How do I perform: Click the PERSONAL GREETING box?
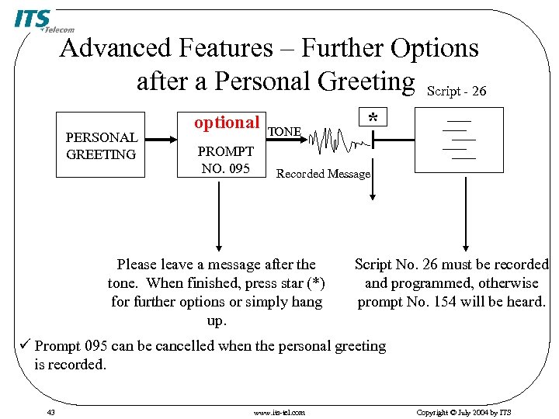pyautogui.click(x=102, y=146)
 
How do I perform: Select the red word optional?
pyautogui.click(x=226, y=123)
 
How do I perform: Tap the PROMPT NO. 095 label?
pyautogui.click(x=226, y=159)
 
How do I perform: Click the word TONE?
pyautogui.click(x=284, y=132)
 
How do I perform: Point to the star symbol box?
pyautogui.click(x=373, y=118)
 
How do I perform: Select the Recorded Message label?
pyautogui.click(x=324, y=174)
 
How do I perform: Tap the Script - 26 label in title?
pyautogui.click(x=457, y=92)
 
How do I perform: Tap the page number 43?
pyautogui.click(x=50, y=412)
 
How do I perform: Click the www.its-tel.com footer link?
pyautogui.click(x=279, y=412)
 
